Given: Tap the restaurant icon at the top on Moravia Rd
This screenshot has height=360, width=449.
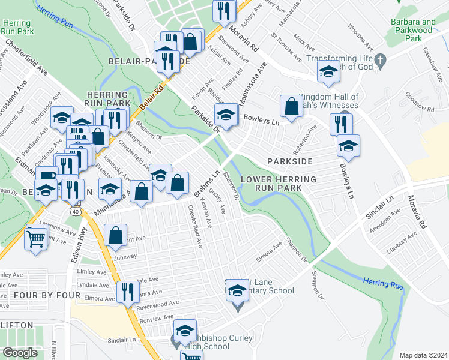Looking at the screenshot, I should (224, 11).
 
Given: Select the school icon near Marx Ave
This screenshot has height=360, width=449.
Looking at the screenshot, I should (328, 72).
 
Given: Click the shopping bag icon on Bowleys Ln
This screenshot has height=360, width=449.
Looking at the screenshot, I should (291, 107).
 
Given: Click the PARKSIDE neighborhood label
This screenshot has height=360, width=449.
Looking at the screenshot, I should (290, 162).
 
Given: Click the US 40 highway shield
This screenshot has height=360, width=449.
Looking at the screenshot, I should (75, 211).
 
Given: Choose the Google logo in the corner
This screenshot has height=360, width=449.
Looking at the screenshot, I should (20, 353).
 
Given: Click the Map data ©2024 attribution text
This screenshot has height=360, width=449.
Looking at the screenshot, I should (423, 355).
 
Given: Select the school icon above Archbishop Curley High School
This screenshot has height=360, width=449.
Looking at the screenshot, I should (185, 330).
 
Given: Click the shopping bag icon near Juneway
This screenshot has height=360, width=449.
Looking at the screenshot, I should (115, 236).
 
